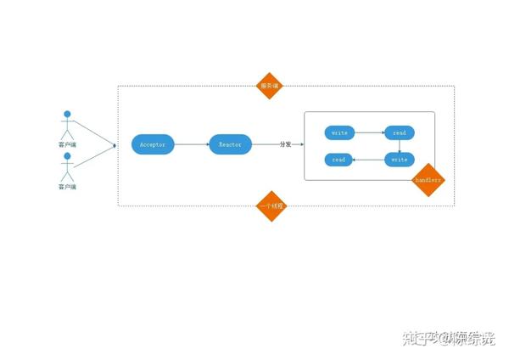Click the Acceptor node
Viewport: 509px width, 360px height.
pos(154,145)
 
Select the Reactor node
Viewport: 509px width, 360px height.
pos(230,145)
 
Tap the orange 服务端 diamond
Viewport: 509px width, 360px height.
pos(270,86)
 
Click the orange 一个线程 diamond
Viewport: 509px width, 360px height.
pos(271,205)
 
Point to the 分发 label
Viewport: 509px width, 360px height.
pos(286,145)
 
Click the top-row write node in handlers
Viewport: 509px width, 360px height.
pos(339,133)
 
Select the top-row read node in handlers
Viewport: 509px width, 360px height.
pos(399,133)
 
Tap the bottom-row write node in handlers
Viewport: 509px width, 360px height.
pos(399,160)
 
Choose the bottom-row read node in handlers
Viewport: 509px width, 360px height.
pos(339,160)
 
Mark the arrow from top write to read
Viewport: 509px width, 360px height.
pos(369,133)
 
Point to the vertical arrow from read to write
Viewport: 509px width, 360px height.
pos(399,146)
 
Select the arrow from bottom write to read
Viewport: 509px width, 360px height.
pos(369,160)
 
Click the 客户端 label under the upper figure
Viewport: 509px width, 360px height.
pos(67,145)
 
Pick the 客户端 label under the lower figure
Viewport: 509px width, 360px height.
pos(67,186)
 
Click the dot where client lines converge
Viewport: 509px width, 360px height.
pos(115,146)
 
